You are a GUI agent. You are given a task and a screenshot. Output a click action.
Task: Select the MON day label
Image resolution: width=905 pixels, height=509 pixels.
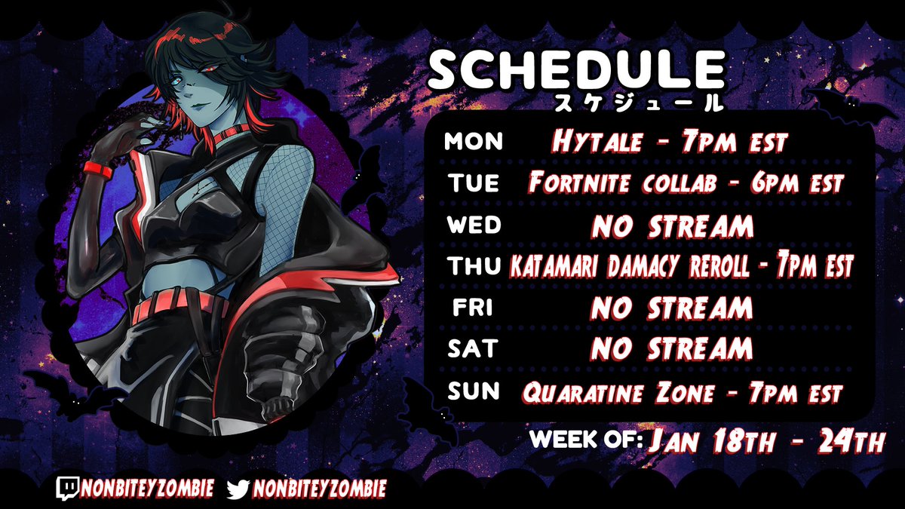click(x=474, y=142)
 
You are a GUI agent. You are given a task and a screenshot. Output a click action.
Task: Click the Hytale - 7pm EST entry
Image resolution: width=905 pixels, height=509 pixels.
click(x=669, y=142)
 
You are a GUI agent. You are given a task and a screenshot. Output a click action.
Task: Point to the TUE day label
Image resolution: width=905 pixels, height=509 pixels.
click(x=474, y=183)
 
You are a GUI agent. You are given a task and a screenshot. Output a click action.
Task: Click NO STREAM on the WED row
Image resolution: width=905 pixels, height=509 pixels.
click(x=671, y=225)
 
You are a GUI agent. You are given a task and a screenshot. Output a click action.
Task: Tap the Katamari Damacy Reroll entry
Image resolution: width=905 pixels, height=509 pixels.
click(x=681, y=266)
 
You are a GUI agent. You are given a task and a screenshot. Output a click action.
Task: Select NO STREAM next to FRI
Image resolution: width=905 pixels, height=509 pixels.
click(x=671, y=308)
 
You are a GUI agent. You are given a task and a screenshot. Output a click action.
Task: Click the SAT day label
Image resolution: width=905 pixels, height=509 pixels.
click(x=474, y=348)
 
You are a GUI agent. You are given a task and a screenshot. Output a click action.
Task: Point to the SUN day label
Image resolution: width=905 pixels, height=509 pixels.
click(x=474, y=391)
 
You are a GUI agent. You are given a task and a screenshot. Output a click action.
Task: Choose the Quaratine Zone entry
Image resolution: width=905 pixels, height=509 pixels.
click(x=681, y=392)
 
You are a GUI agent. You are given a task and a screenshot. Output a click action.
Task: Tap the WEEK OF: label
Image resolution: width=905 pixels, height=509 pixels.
click(x=586, y=440)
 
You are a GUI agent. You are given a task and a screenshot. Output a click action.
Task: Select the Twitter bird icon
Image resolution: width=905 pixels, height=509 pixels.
click(x=238, y=489)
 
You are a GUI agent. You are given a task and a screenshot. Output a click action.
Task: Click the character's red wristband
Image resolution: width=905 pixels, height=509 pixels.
click(x=98, y=170)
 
